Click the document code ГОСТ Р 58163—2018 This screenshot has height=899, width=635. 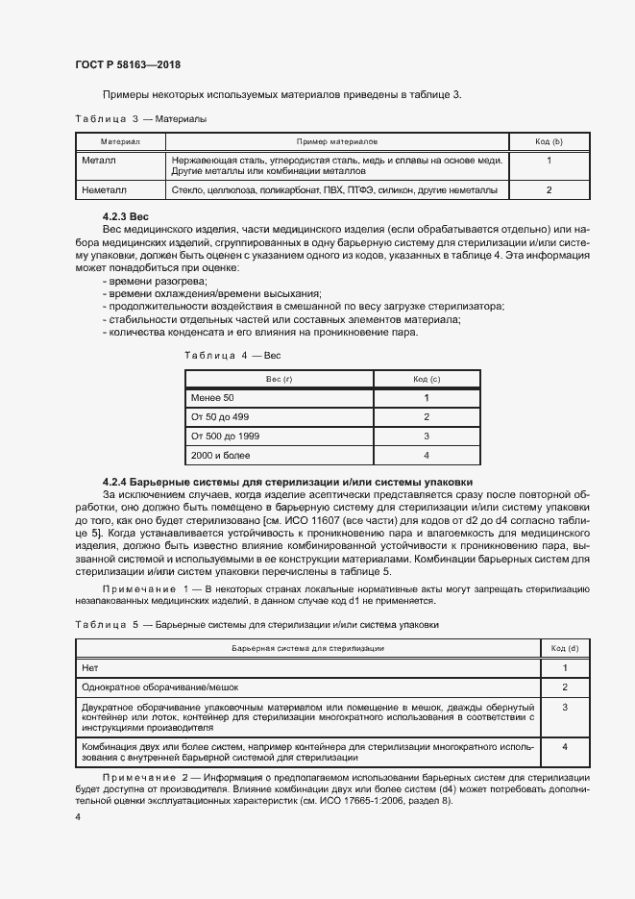click(127, 64)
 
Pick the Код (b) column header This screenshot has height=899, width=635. click(549, 141)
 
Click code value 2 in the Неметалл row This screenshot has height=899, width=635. click(549, 190)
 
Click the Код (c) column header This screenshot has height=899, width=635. click(427, 379)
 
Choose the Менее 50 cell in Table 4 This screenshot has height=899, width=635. click(211, 398)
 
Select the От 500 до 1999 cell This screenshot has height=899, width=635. click(224, 437)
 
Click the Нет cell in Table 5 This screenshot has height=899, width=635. click(91, 667)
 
